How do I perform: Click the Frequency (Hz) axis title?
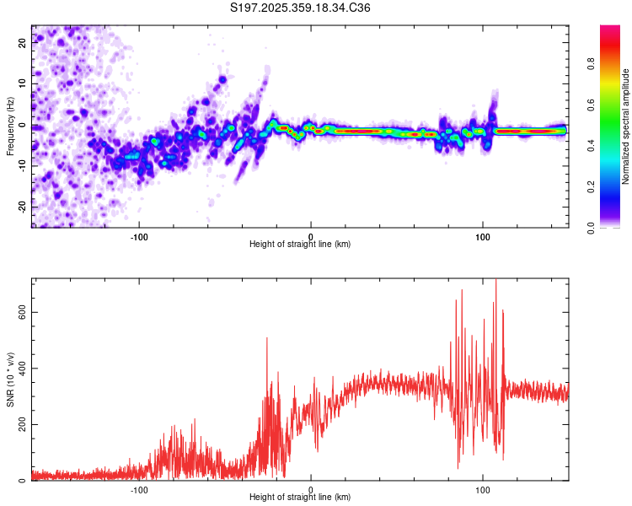[10, 126]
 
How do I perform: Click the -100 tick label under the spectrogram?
[139, 236]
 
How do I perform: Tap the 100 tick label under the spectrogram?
[482, 236]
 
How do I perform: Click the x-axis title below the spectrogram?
[300, 245]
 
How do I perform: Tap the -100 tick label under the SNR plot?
[139, 490]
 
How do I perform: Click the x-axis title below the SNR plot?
[300, 498]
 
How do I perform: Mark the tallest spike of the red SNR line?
[495, 280]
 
